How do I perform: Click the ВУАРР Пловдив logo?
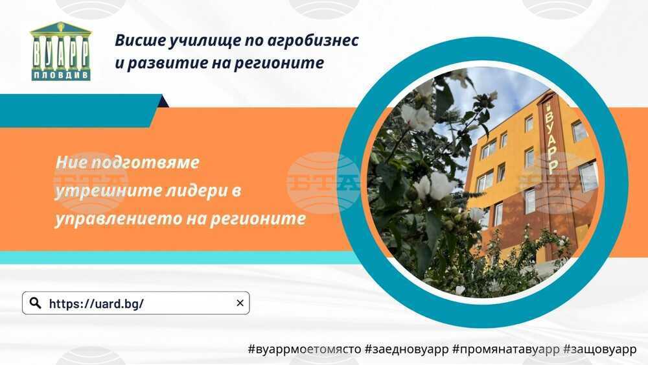[61, 51]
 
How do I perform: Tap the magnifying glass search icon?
[36, 303]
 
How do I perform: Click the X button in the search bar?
[240, 303]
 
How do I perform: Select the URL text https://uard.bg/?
[97, 304]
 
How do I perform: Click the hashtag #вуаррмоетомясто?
[304, 349]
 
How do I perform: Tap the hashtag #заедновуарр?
[406, 349]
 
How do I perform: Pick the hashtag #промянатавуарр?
[506, 349]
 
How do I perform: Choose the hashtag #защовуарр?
[600, 349]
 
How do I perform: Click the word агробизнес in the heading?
[313, 41]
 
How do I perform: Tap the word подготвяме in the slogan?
[145, 163]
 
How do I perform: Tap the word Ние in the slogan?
[71, 162]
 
